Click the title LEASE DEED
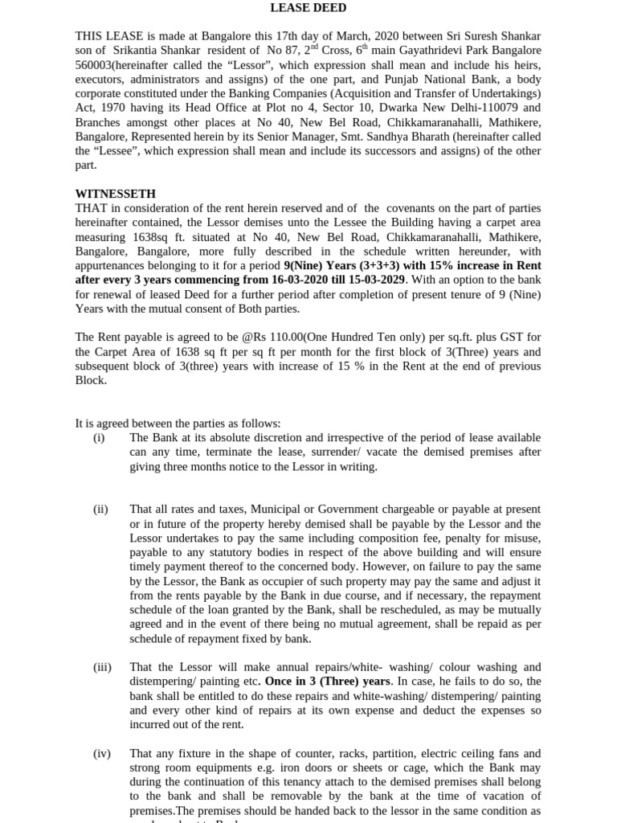click(308, 8)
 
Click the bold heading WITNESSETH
click(115, 194)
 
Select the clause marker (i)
click(100, 438)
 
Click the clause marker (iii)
click(102, 667)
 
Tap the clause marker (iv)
click(101, 754)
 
